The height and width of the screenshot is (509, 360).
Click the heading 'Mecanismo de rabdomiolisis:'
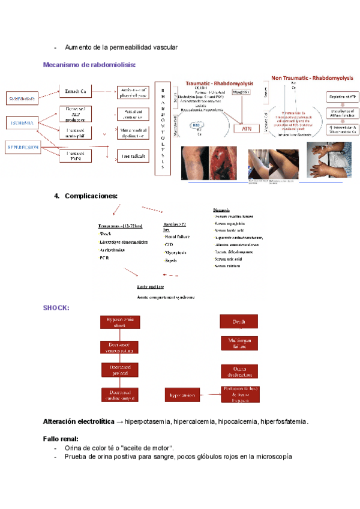click(89, 64)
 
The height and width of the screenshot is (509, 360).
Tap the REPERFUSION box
click(22, 146)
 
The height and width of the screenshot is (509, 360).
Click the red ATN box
click(246, 128)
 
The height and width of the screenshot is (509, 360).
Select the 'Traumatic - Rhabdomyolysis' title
click(220, 83)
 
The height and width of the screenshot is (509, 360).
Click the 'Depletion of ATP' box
click(342, 97)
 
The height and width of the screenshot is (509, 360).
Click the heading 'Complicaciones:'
click(91, 196)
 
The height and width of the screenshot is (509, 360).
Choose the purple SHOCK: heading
click(56, 308)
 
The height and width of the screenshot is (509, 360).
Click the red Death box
click(239, 322)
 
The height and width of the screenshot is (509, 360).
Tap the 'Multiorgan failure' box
click(239, 343)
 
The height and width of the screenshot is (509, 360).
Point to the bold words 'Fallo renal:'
click(61, 439)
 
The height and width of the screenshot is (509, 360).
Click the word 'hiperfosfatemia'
click(283, 422)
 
